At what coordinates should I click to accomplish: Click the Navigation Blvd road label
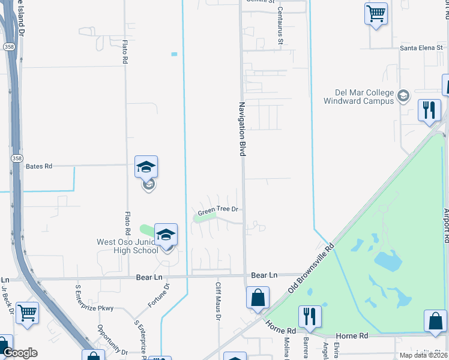click(243, 130)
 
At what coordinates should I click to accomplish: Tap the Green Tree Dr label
click(219, 210)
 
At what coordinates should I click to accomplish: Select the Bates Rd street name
click(39, 166)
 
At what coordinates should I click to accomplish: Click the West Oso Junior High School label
click(127, 246)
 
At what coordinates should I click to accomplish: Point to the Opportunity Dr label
click(111, 340)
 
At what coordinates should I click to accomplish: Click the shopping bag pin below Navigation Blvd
click(258, 297)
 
